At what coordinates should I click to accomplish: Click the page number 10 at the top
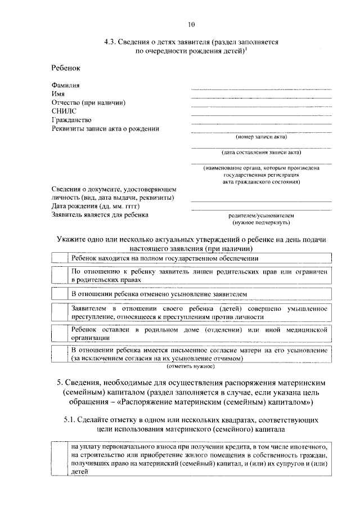click(x=191, y=24)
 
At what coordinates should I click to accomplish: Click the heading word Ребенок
click(x=66, y=68)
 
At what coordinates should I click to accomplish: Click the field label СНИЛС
click(x=64, y=111)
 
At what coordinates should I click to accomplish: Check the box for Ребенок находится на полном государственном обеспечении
click(x=59, y=258)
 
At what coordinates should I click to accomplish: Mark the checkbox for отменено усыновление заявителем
click(x=59, y=294)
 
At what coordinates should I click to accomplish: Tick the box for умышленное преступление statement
click(x=59, y=312)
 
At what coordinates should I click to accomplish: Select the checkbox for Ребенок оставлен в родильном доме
click(x=59, y=333)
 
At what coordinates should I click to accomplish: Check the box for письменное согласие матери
click(x=59, y=353)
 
